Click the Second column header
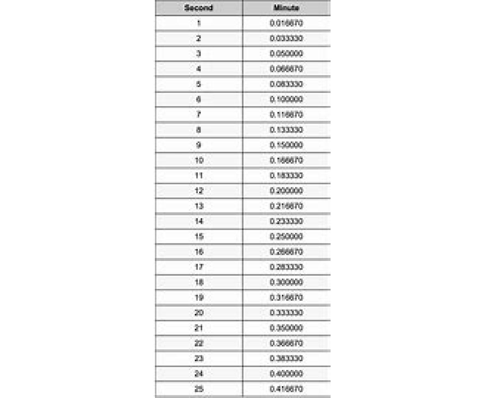point(198,8)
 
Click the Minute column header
point(286,8)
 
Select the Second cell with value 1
point(198,23)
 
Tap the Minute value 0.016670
point(286,23)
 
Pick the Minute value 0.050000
point(286,54)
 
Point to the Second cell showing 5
point(198,84)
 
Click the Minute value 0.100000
point(286,99)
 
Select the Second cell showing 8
point(198,130)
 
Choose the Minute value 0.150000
point(286,145)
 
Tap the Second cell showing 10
point(198,160)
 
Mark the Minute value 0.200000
point(286,191)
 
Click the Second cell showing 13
point(198,206)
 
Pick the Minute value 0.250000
point(286,237)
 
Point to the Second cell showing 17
point(198,267)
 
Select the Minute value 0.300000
point(286,282)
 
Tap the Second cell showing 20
point(198,313)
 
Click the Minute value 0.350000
point(286,328)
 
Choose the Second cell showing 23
point(198,359)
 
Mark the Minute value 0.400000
point(286,374)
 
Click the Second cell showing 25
point(198,389)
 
